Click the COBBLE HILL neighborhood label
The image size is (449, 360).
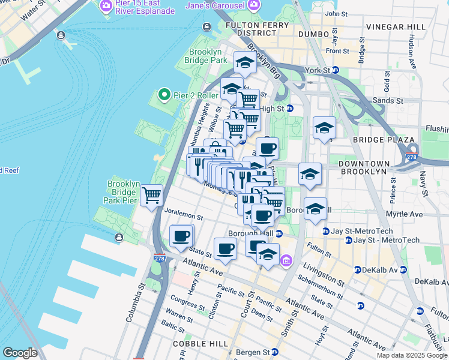tap(200, 343)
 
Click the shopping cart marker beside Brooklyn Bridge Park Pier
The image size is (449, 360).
tap(152, 194)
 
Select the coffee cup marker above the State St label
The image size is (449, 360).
tap(181, 236)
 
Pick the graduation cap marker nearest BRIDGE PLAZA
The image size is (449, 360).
tap(324, 128)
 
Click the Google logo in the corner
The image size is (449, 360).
tap(20, 353)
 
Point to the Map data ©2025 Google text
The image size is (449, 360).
tap(412, 355)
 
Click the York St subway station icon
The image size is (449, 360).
tap(336, 70)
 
